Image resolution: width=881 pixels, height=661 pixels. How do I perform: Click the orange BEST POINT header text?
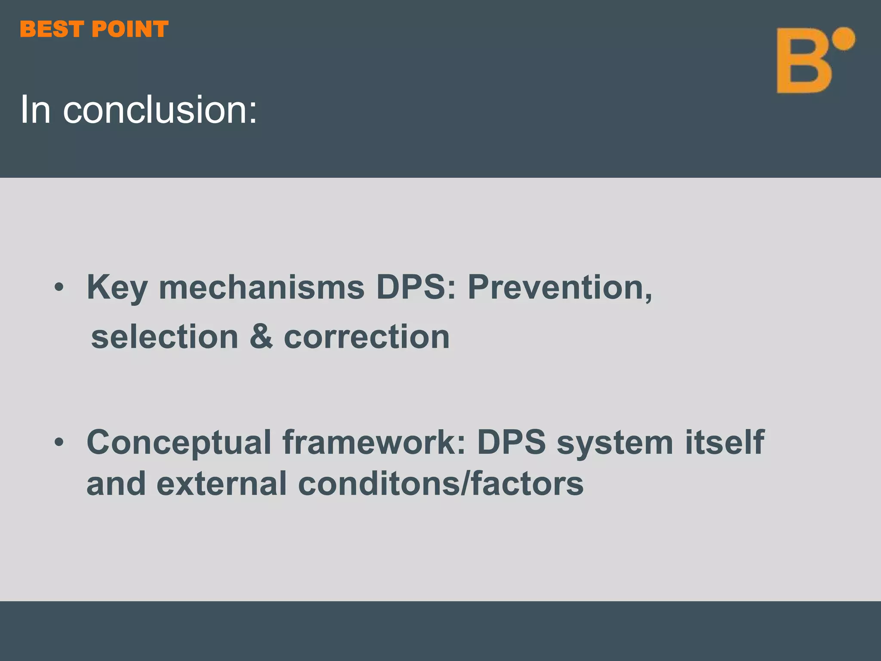(x=94, y=30)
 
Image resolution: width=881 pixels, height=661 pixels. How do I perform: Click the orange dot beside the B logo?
(x=843, y=40)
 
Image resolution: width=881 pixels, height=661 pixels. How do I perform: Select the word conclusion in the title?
(x=160, y=110)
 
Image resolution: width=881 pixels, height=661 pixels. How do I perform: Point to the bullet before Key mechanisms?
(x=59, y=287)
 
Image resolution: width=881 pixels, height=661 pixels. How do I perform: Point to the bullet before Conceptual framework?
(x=59, y=442)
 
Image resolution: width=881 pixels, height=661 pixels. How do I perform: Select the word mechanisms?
(x=262, y=287)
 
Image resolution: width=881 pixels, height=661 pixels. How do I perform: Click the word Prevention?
(x=559, y=287)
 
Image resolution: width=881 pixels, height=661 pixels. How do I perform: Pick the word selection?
(x=165, y=337)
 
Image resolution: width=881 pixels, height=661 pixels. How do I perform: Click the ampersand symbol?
(x=261, y=337)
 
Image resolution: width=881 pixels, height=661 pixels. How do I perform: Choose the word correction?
(x=367, y=337)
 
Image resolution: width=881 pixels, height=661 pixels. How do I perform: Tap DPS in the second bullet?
(x=511, y=442)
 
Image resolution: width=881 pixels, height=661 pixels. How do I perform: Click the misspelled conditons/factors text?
(x=440, y=483)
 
